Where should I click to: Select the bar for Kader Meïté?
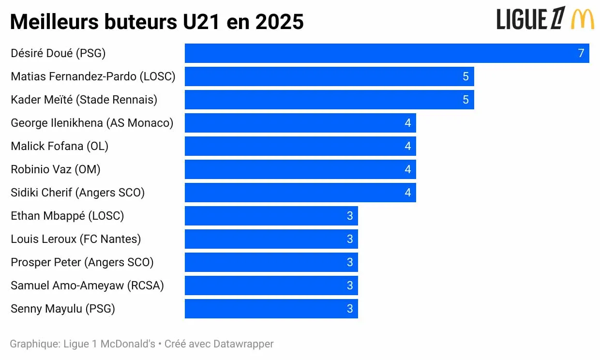click(329, 100)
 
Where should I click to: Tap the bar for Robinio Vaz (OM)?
click(300, 169)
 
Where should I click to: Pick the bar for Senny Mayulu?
click(271, 309)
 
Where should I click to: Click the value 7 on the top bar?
click(581, 53)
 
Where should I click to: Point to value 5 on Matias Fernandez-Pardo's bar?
click(465, 76)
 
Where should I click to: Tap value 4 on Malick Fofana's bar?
click(407, 146)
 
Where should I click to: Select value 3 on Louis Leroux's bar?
click(350, 239)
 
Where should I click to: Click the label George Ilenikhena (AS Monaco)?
click(92, 123)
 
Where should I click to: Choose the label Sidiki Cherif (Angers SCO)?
click(77, 193)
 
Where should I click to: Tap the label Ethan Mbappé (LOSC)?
click(67, 216)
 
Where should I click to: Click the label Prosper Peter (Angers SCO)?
click(82, 262)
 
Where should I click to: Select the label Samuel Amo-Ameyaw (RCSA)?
click(87, 285)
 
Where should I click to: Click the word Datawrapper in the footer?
click(243, 344)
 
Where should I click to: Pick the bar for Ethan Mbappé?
click(271, 216)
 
